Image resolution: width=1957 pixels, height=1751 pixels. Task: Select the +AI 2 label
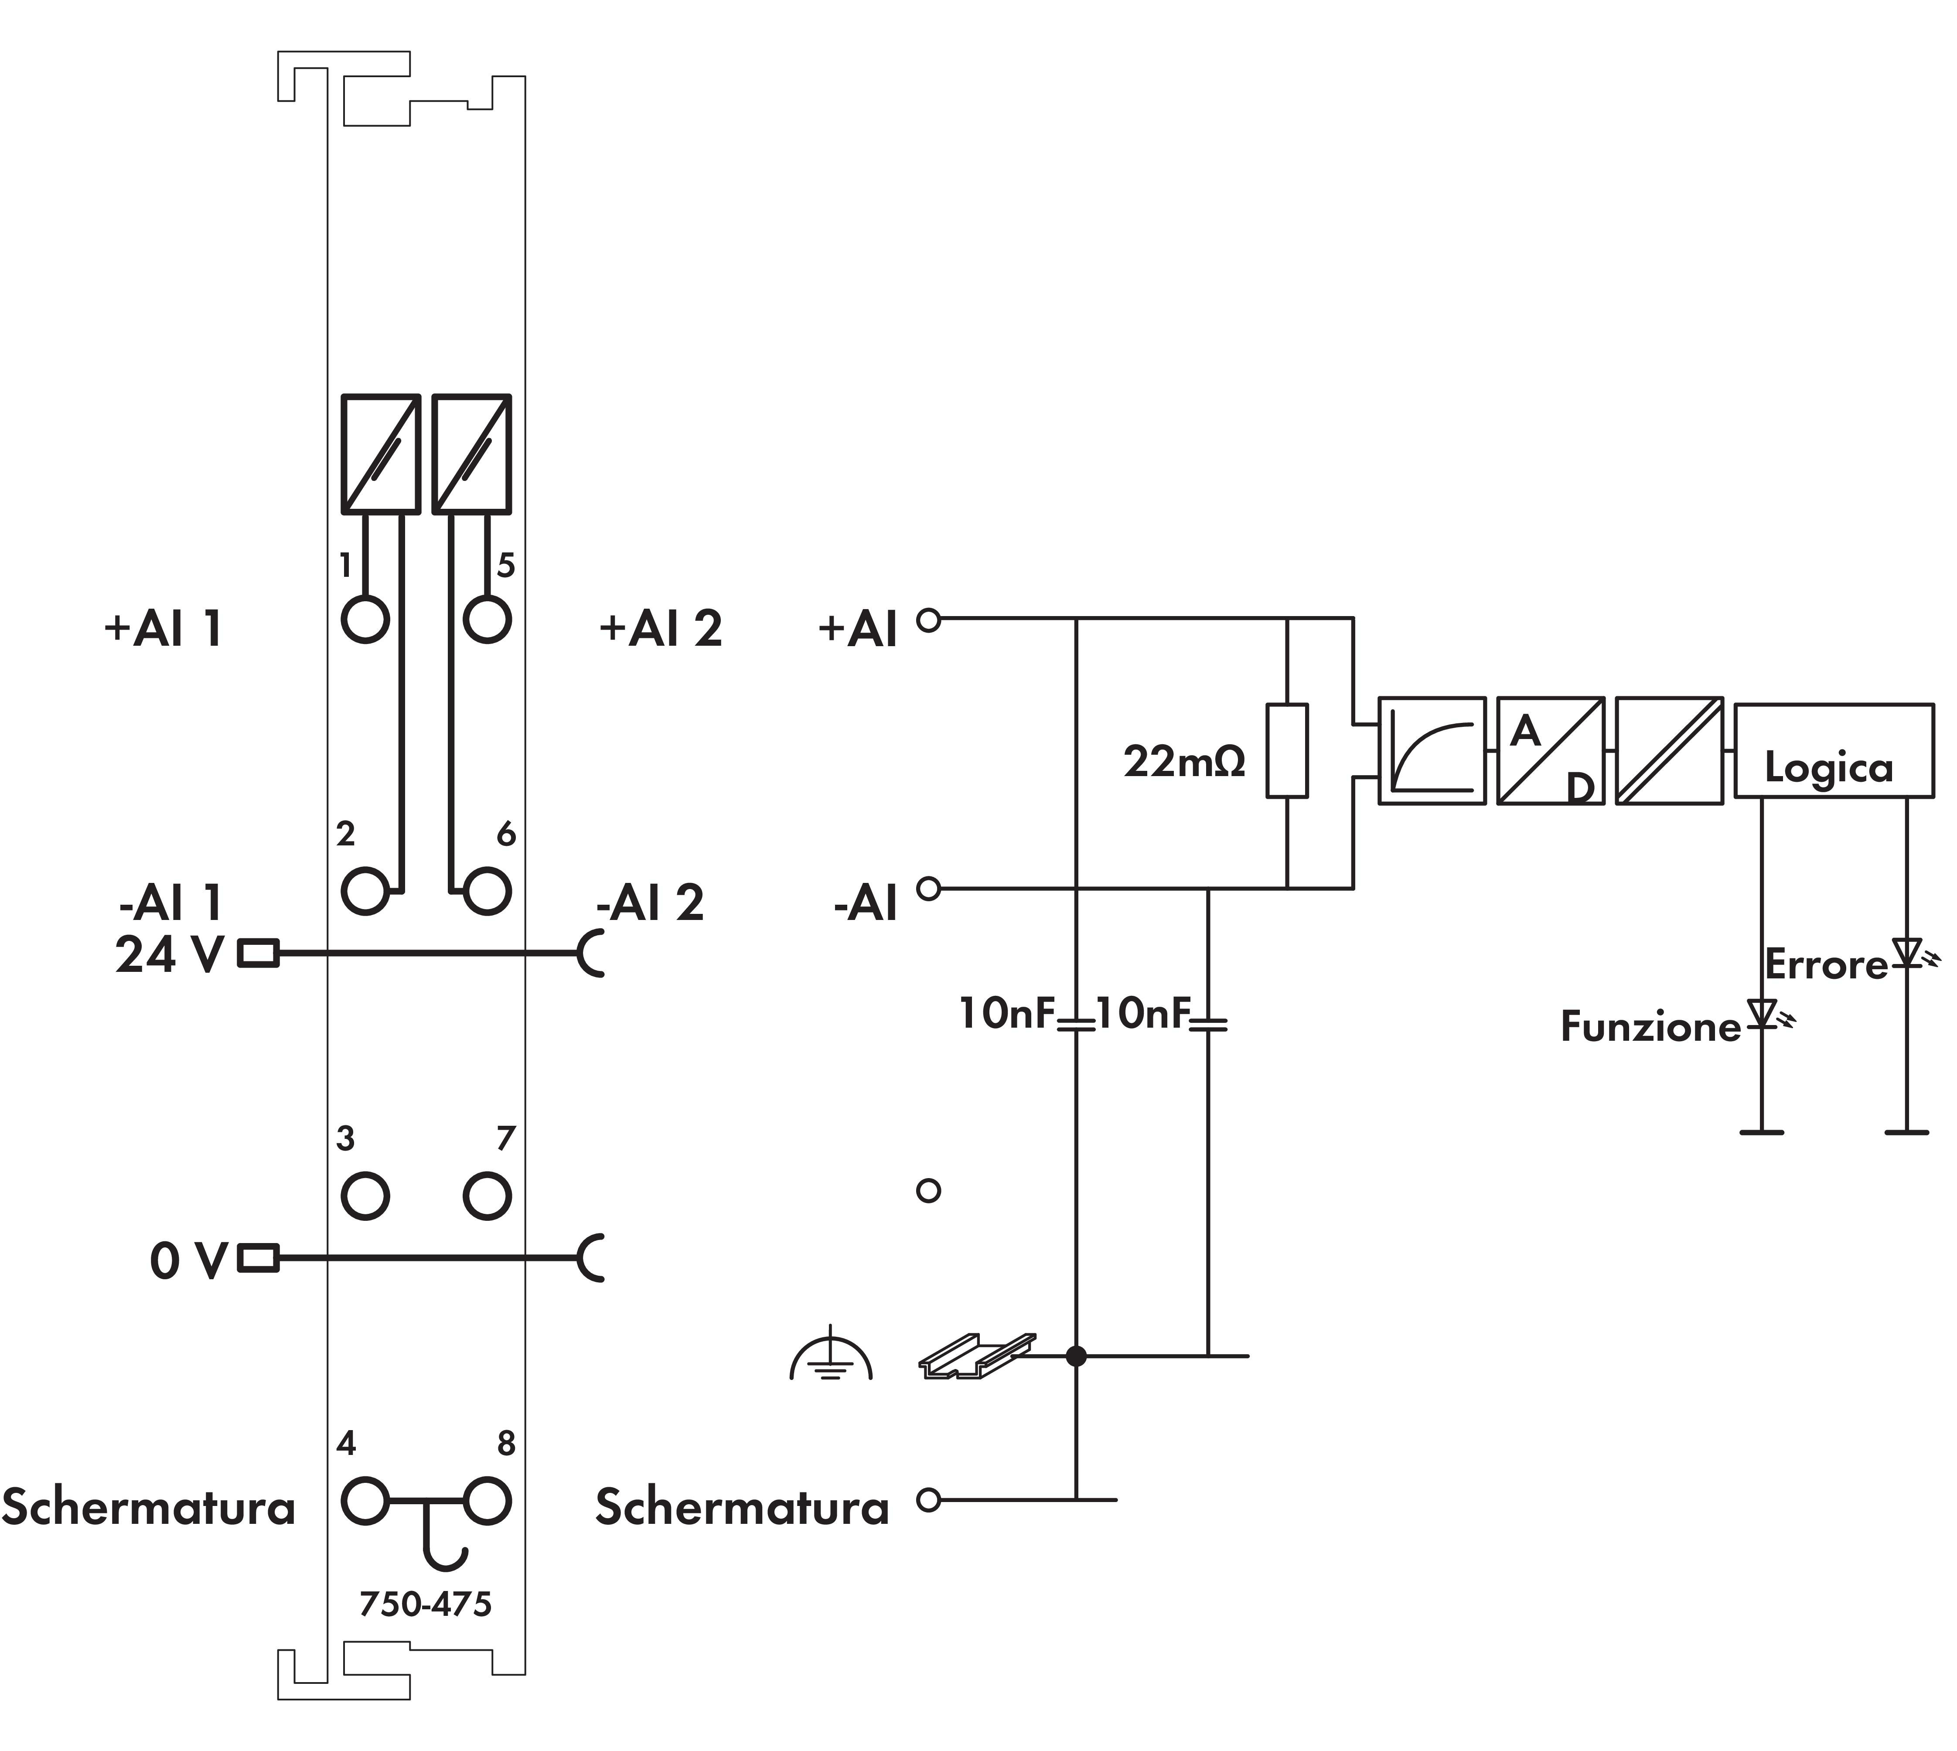pyautogui.click(x=660, y=629)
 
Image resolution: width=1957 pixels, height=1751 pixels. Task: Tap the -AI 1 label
pyautogui.click(x=170, y=903)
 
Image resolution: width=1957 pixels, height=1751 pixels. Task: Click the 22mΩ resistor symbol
pyautogui.click(x=1286, y=750)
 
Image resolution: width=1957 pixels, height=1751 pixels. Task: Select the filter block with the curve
pyautogui.click(x=1432, y=750)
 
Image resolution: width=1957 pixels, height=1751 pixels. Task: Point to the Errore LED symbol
pyautogui.click(x=1907, y=953)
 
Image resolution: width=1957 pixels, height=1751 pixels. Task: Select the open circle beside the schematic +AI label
pyautogui.click(x=928, y=620)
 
